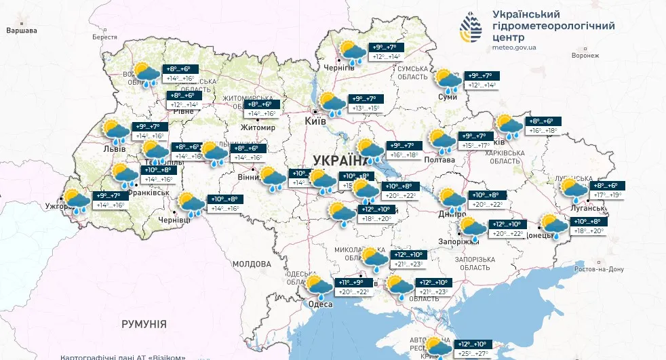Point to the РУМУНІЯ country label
click(144, 325)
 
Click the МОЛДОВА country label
click(252, 264)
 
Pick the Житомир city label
click(258, 127)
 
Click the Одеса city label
click(320, 304)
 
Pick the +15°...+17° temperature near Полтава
click(475, 146)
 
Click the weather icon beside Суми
click(448, 81)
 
